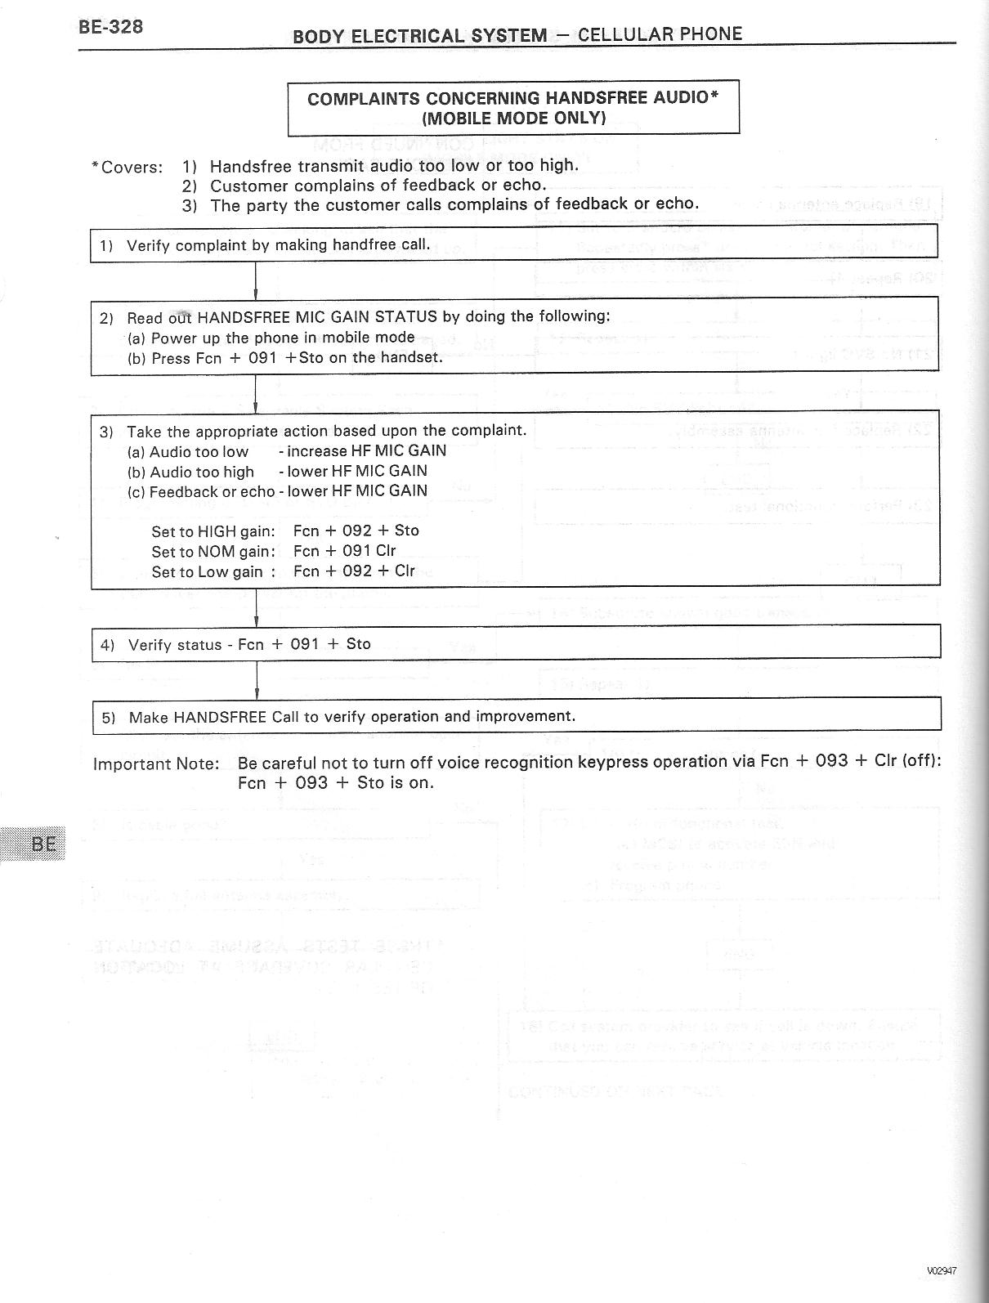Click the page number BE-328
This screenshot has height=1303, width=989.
[111, 27]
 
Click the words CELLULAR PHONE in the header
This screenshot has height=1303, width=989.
[660, 34]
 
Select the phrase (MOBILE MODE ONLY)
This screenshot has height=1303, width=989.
[513, 118]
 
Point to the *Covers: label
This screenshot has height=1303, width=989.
[127, 168]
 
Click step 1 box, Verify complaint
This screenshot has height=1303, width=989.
[513, 244]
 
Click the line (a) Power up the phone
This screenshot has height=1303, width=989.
[271, 338]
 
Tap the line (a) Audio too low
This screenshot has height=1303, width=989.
[188, 452]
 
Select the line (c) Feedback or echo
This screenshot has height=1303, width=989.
[201, 492]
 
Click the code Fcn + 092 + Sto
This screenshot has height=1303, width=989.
[356, 531]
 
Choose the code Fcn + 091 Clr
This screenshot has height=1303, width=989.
[344, 551]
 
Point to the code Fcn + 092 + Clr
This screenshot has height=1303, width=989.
[354, 571]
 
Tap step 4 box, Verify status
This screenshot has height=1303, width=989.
[515, 644]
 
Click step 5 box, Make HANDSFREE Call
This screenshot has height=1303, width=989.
[515, 717]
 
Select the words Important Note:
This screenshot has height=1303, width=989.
[156, 764]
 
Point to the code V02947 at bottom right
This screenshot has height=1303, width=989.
[942, 1270]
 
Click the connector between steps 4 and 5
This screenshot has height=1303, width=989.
[257, 678]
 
